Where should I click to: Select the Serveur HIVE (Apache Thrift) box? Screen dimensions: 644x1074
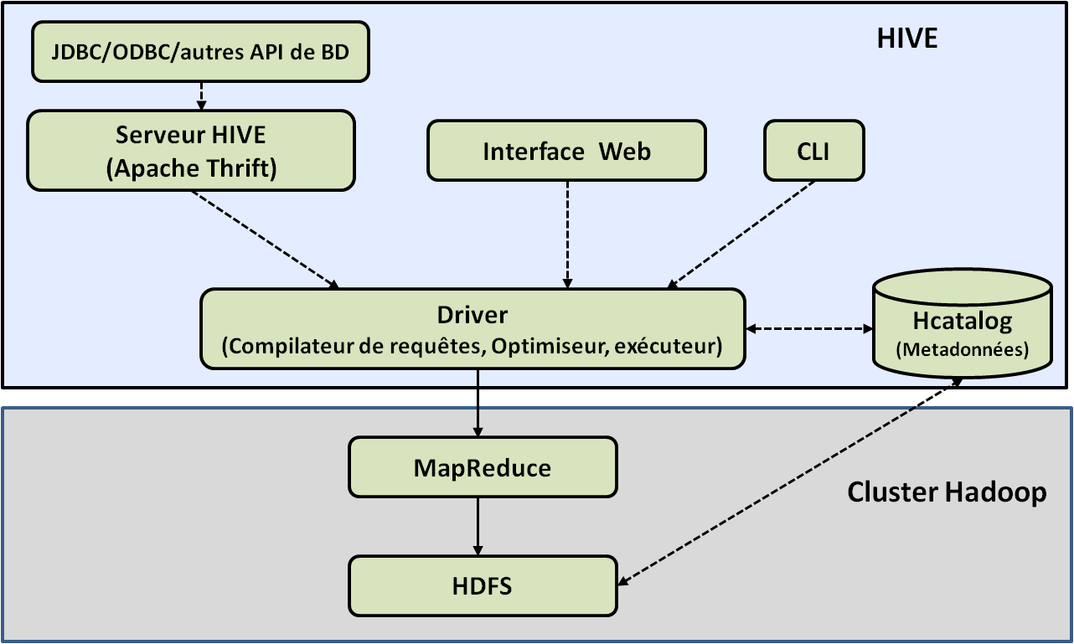pyautogui.click(x=190, y=152)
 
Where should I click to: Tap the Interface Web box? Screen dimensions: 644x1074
pyautogui.click(x=566, y=151)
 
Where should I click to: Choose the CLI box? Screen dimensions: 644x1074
pyautogui.click(x=813, y=151)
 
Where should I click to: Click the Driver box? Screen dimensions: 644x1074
pyautogui.click(x=472, y=329)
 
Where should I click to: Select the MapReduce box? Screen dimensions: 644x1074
pyautogui.click(x=483, y=467)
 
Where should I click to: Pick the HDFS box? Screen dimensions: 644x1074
pyautogui.click(x=482, y=585)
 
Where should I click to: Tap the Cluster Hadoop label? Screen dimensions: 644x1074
pyautogui.click(x=947, y=492)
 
